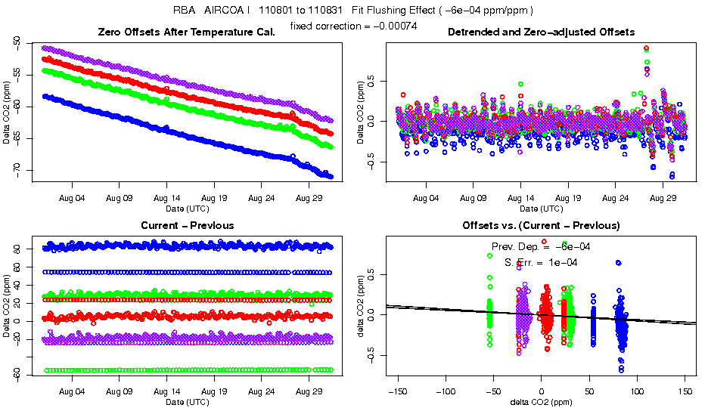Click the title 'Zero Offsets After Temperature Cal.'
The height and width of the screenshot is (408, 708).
point(186,32)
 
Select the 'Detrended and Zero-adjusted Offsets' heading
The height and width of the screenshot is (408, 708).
point(541,32)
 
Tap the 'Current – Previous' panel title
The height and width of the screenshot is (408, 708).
point(187,225)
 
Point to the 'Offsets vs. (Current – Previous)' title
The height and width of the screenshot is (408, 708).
point(541,225)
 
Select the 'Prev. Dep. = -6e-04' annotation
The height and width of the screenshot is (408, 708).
point(541,246)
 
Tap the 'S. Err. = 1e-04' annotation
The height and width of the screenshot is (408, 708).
point(541,261)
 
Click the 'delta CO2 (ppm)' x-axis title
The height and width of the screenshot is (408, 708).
point(541,402)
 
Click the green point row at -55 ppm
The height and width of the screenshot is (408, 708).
point(187,369)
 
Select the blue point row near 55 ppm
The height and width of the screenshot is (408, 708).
point(187,272)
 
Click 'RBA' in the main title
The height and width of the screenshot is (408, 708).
point(185,11)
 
